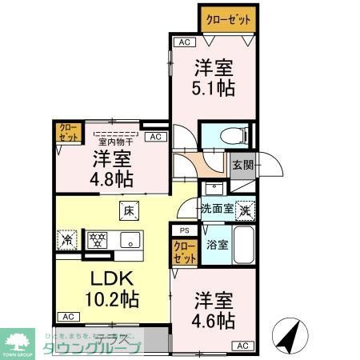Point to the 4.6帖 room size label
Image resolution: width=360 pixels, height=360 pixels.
(x=215, y=321)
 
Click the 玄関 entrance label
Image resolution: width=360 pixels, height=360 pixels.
(x=243, y=165)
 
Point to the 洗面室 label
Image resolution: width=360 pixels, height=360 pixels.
(x=216, y=209)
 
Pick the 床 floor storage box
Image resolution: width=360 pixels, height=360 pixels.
(x=130, y=211)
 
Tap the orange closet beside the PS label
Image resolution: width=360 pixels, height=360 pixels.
(x=184, y=252)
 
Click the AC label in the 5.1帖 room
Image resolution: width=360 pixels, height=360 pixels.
(x=183, y=42)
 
